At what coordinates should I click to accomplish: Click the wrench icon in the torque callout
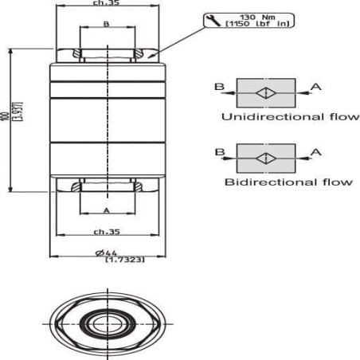coord(213,21)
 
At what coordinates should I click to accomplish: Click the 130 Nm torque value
coord(257,18)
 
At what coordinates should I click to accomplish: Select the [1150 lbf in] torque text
coord(257,24)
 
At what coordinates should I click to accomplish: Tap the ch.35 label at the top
coord(106,3)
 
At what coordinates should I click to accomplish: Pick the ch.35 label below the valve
coord(107,232)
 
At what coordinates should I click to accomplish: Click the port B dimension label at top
coord(106,24)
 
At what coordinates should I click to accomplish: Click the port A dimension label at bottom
coord(107,210)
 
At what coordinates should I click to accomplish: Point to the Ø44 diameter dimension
coord(106,253)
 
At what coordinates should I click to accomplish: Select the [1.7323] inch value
coord(125,260)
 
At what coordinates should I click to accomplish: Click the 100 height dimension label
coord(5,117)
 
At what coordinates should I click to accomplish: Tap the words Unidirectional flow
coord(291,117)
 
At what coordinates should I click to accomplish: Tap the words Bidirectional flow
coord(289,182)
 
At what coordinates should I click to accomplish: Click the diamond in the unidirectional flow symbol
coord(266,93)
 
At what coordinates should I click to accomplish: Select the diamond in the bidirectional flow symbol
coord(266,158)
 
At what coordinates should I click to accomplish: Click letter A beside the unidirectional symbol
coord(316,87)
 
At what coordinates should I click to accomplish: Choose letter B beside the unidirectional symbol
coord(220,87)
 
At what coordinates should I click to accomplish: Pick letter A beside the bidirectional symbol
coord(316,152)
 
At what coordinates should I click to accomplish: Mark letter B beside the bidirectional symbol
coord(220,152)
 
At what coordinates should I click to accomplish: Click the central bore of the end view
coord(108,324)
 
